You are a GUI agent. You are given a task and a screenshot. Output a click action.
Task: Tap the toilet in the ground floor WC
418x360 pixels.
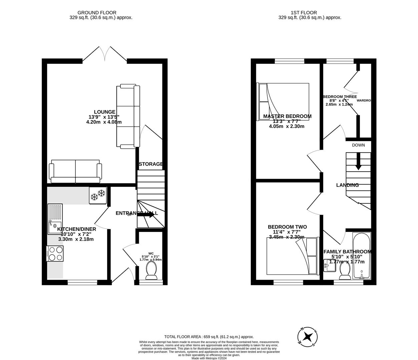point(151,270)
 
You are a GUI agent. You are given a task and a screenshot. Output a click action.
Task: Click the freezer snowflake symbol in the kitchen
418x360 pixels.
point(98,195)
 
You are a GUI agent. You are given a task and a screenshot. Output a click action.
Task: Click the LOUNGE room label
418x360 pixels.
point(104,112)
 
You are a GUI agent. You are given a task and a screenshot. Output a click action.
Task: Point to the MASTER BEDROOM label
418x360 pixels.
point(287,116)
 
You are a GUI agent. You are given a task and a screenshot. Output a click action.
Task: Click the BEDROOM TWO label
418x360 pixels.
point(287,227)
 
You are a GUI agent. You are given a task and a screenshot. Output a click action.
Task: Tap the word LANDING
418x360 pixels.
point(347,185)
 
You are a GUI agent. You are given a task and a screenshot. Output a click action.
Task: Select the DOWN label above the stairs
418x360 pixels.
point(358,145)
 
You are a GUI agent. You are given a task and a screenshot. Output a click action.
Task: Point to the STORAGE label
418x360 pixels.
point(151,164)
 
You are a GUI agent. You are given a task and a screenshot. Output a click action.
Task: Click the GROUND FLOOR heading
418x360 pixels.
point(97,13)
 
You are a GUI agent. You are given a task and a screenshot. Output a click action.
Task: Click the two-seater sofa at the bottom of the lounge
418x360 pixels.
point(75,171)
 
